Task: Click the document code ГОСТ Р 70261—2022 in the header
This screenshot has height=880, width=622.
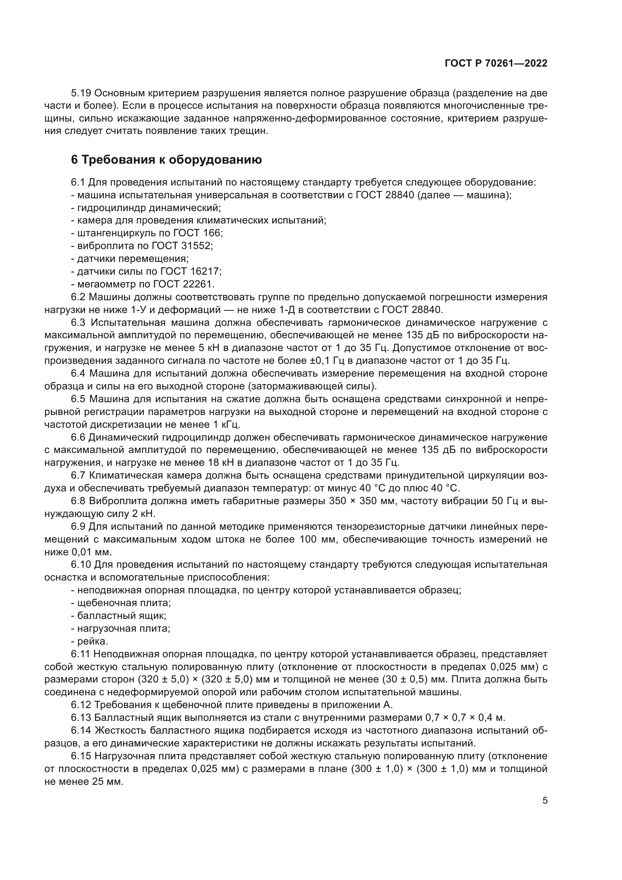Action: (496, 64)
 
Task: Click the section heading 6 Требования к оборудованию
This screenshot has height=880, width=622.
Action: (166, 160)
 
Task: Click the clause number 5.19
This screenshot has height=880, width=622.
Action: (81, 93)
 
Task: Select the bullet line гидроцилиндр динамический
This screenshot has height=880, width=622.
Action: (146, 208)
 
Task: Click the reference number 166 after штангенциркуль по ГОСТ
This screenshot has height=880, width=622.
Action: (212, 233)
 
